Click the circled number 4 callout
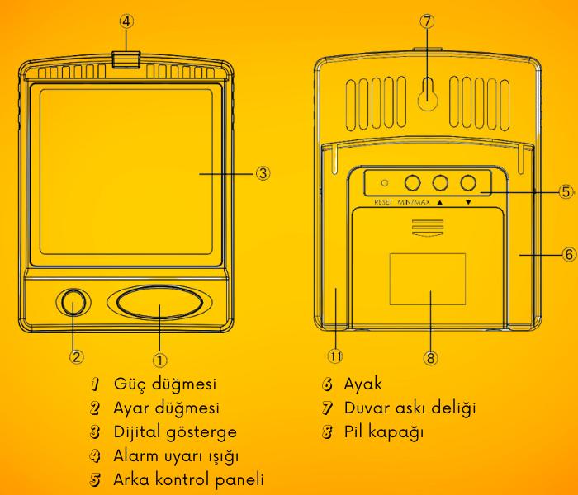(x=125, y=22)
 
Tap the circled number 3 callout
(x=262, y=173)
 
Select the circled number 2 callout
(x=75, y=357)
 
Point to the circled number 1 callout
(x=160, y=358)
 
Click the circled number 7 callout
(x=426, y=22)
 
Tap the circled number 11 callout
(x=335, y=356)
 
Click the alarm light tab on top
(x=125, y=59)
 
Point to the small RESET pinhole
(x=385, y=182)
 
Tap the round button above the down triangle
(x=470, y=183)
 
